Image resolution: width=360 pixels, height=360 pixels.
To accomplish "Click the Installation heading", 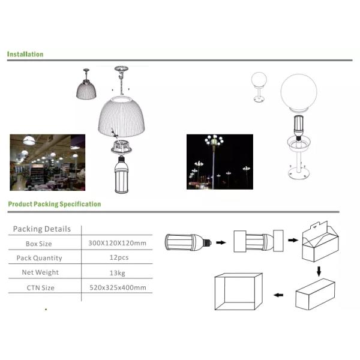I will (25, 54).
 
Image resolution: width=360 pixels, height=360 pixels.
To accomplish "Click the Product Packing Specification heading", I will (54, 204).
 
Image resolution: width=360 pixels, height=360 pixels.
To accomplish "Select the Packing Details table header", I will (42, 229).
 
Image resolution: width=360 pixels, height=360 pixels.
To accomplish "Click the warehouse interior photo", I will (47, 161).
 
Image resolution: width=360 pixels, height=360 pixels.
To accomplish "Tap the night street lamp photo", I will (220, 161).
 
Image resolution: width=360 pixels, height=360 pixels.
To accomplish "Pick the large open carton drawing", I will (238, 292).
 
